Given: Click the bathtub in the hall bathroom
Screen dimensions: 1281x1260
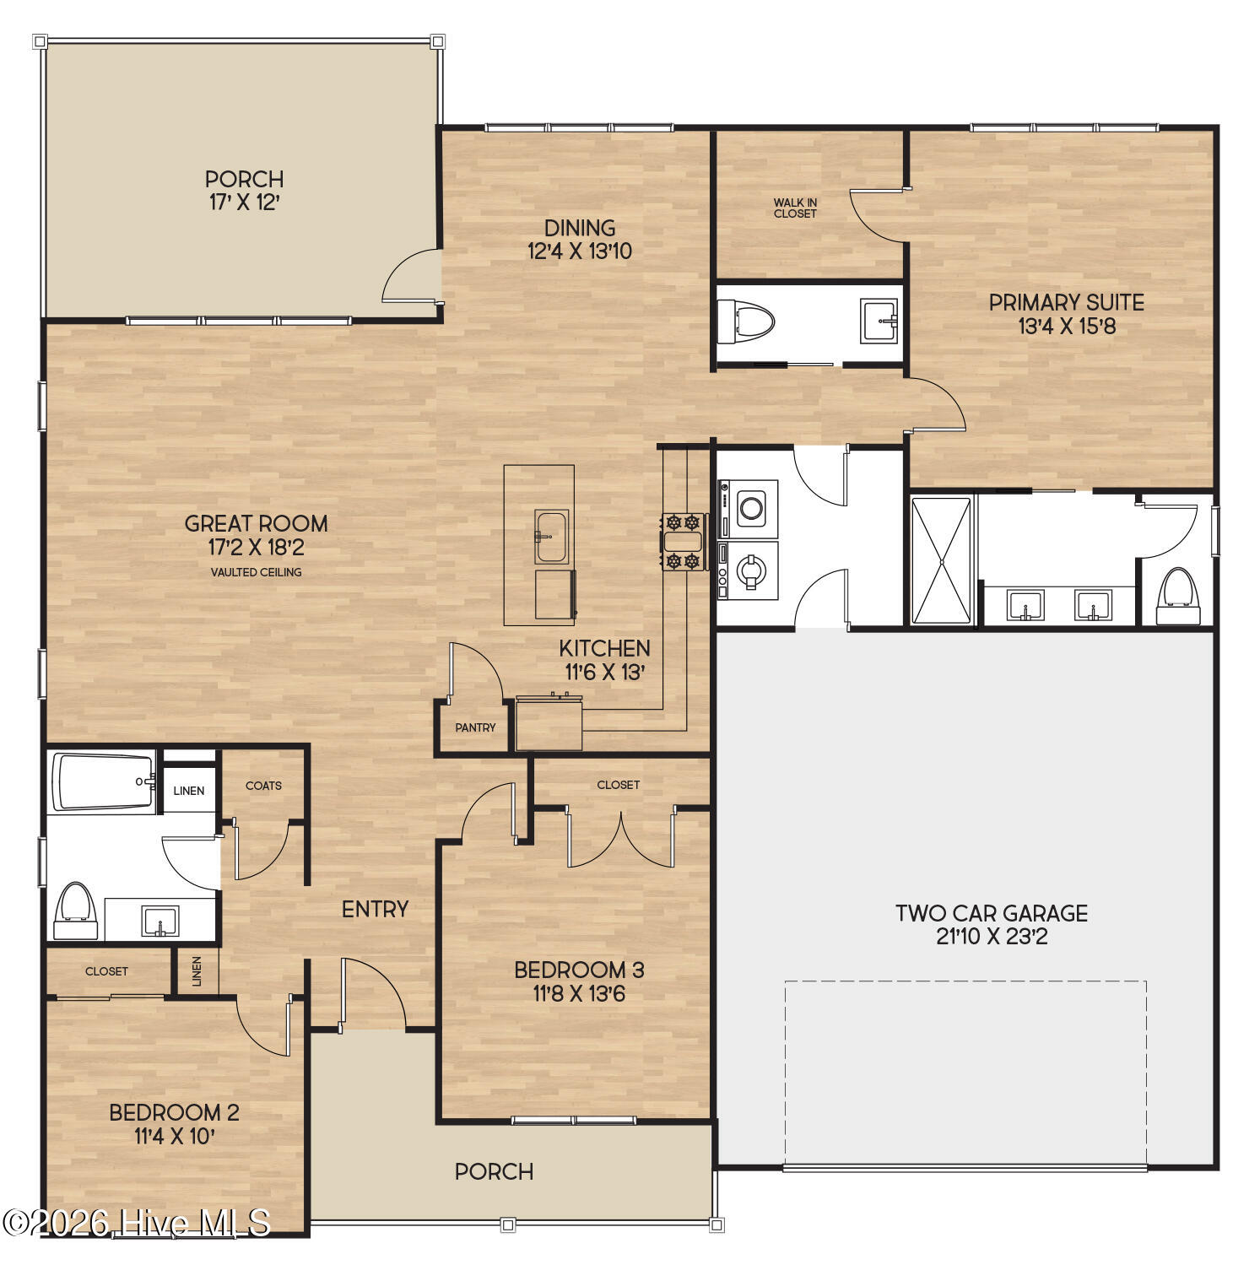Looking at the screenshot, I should tap(104, 781).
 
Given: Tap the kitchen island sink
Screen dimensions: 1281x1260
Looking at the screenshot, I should tap(551, 536).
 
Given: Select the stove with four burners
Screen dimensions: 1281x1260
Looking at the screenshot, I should tap(682, 541).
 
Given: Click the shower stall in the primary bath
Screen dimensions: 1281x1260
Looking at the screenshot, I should tap(941, 561).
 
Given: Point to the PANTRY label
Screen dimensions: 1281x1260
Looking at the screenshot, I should tap(475, 727).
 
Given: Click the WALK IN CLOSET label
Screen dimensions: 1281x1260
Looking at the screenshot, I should tap(795, 208).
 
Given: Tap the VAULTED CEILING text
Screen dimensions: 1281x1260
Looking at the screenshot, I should tap(256, 572).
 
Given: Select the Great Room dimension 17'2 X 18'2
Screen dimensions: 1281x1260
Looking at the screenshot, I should tap(256, 548).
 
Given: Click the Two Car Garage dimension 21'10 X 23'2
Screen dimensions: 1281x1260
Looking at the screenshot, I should tap(992, 937).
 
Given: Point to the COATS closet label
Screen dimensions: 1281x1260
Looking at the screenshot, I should tap(263, 786).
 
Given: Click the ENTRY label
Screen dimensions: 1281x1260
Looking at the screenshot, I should tap(375, 909).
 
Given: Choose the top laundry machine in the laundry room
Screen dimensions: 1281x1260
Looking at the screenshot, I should tap(750, 507).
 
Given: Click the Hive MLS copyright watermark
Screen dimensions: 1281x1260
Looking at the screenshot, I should tap(136, 1222).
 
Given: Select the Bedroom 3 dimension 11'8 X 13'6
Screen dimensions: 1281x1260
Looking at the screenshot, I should tap(579, 994).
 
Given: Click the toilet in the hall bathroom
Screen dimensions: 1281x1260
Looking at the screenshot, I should tap(74, 911).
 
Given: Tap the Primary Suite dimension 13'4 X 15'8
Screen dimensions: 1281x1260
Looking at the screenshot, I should tap(1067, 327).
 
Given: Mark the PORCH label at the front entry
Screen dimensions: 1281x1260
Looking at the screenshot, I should tap(494, 1171).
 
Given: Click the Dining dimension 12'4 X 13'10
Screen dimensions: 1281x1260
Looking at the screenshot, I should tap(580, 251).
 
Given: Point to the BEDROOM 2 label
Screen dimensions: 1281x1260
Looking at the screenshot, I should tap(174, 1112).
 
